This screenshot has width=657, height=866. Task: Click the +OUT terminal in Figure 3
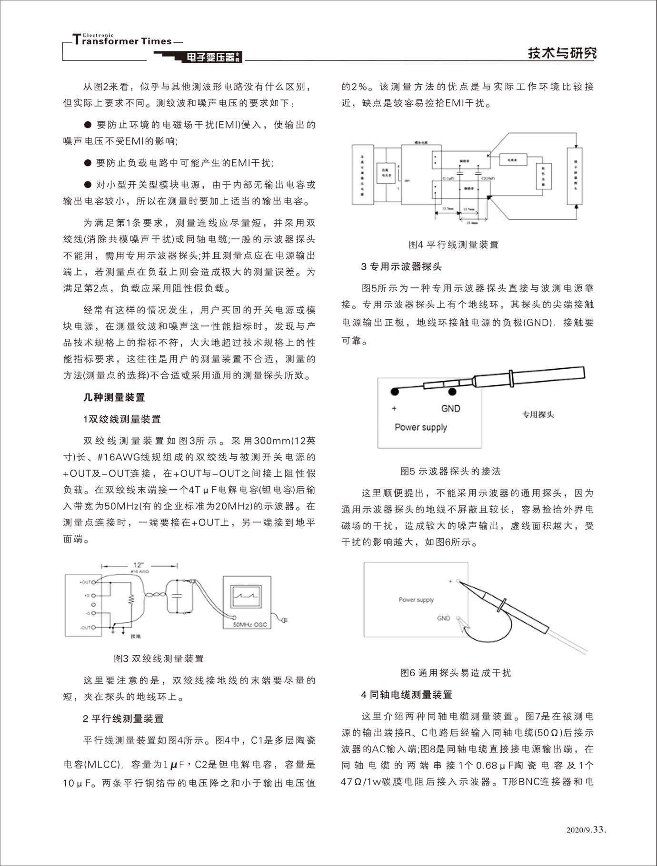tap(94, 581)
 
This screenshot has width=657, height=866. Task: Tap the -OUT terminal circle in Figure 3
tap(94, 628)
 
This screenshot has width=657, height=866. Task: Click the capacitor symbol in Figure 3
tap(177, 595)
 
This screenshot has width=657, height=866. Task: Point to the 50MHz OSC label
tap(250, 624)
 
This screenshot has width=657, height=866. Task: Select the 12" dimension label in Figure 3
tap(139, 565)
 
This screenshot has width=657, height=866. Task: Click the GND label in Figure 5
tap(450, 408)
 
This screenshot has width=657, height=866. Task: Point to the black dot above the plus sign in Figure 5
tap(394, 392)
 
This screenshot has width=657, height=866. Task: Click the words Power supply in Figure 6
tap(416, 600)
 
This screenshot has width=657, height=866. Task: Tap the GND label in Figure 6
tap(443, 618)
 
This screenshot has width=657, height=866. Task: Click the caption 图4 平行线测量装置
tap(453, 245)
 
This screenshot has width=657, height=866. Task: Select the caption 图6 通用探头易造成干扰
tap(456, 673)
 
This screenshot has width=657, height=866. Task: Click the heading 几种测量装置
tap(114, 397)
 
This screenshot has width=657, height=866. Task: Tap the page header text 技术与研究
tap(562, 53)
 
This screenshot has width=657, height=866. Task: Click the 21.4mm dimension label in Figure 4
tap(473, 223)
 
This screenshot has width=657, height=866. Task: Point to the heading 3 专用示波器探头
tap(401, 266)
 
